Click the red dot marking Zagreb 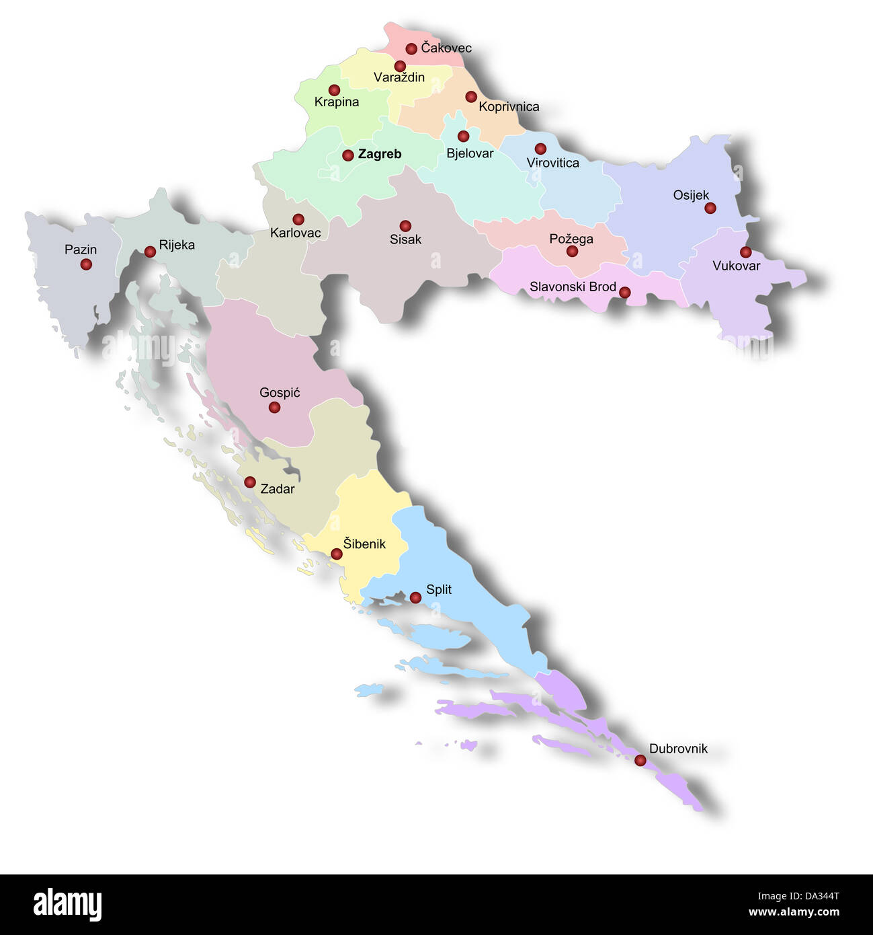[x=347, y=155]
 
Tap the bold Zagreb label [x=380, y=154]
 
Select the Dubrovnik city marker [x=640, y=760]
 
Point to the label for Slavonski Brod [x=573, y=287]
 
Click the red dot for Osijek [x=710, y=208]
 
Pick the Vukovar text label [x=736, y=266]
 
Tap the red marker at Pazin [x=86, y=264]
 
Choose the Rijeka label [x=177, y=245]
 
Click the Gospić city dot [x=274, y=407]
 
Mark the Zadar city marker [x=249, y=482]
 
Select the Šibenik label [x=364, y=544]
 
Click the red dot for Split [x=415, y=597]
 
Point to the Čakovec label [x=446, y=48]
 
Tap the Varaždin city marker [x=400, y=66]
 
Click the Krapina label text [x=337, y=102]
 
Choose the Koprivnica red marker [x=471, y=97]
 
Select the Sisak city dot [x=405, y=226]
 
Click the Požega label [x=571, y=239]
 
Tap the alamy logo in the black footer [x=67, y=905]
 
